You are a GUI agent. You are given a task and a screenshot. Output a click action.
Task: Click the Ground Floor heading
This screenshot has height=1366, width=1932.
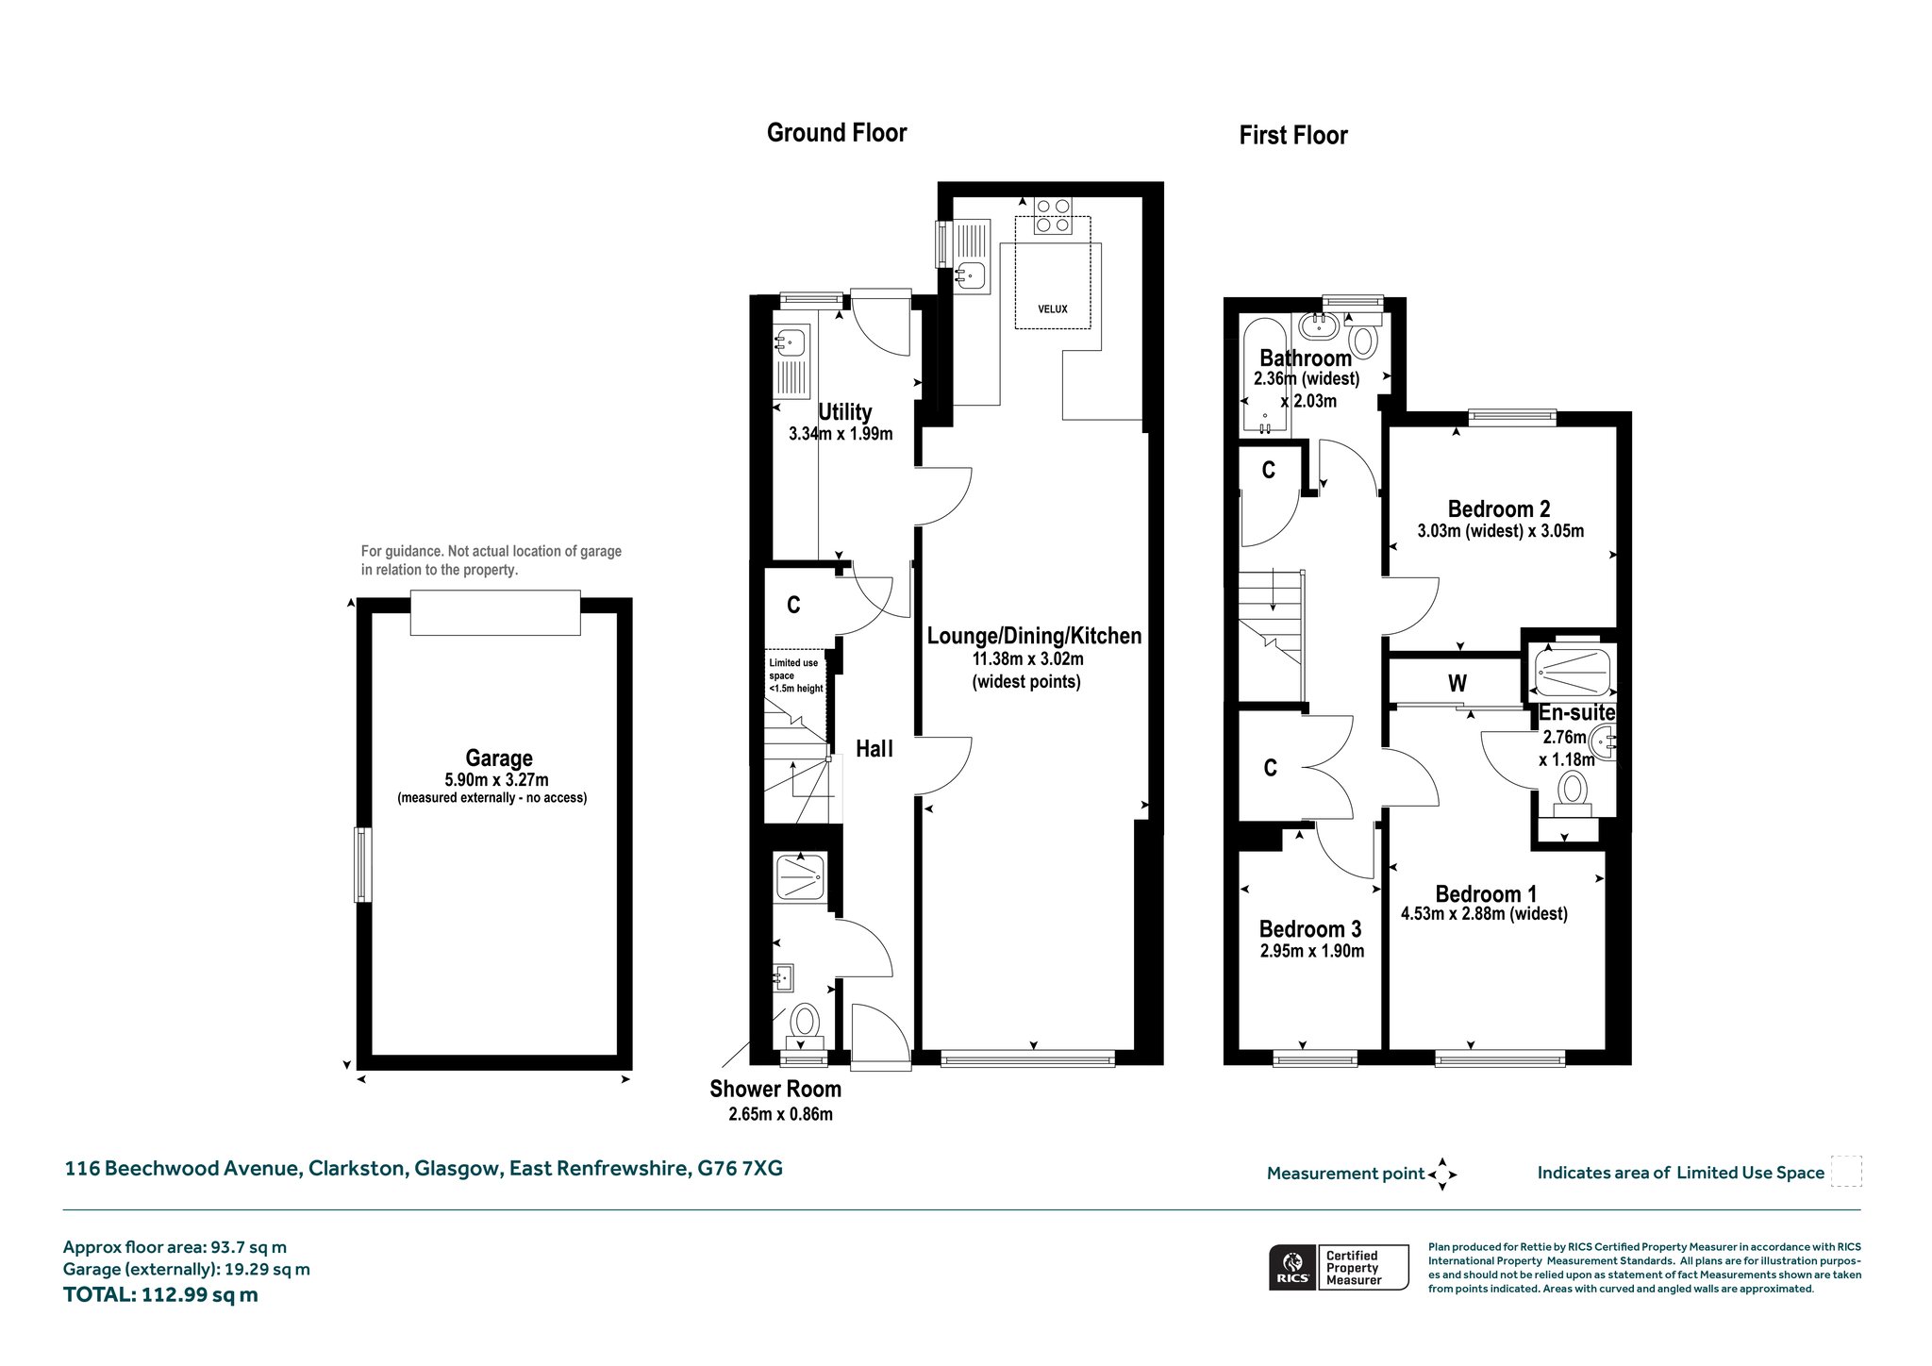coord(837,133)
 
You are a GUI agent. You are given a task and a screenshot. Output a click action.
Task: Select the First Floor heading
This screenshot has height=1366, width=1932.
coord(1293,136)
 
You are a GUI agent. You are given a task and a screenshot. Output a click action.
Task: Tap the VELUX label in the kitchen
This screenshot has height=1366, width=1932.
coord(1053,309)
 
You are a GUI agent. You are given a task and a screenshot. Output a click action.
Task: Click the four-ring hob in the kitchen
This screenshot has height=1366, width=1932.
coord(1053,215)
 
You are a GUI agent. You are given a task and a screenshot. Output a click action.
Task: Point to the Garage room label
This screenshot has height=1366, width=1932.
coord(499,758)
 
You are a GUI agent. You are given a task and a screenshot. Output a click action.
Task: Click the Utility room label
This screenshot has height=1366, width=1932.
coord(844,412)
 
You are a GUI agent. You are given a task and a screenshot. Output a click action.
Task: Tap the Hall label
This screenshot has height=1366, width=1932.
coord(874,749)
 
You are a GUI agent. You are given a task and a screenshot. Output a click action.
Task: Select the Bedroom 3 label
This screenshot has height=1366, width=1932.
coord(1310,930)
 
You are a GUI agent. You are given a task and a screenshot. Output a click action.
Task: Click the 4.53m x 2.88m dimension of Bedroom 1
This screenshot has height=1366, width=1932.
coord(1485,914)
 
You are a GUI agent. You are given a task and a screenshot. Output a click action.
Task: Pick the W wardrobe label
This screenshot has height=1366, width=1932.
coord(1457,683)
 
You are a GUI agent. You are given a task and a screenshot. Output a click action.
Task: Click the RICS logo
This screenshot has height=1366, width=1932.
coord(1291,1267)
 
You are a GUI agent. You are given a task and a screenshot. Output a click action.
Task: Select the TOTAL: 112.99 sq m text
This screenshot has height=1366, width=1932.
coord(160,1295)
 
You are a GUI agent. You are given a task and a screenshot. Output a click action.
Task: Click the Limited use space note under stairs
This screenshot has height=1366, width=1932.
coord(795,675)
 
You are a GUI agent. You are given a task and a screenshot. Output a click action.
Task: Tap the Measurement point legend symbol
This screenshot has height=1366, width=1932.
coord(1442,1174)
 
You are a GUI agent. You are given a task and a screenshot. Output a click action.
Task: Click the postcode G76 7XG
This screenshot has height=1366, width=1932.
coord(740,1169)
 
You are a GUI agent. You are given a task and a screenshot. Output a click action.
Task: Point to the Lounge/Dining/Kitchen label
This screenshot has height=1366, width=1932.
coord(1034,636)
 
